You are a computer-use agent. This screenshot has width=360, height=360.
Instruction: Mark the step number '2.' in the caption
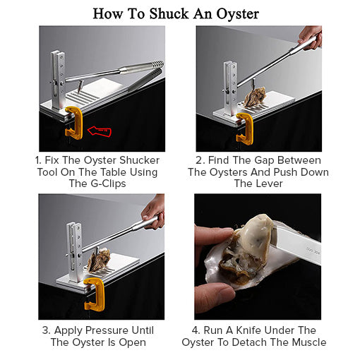[200, 160]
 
